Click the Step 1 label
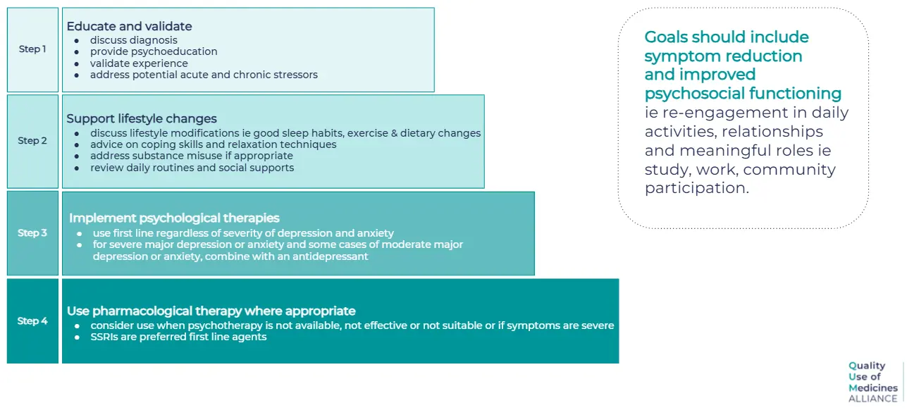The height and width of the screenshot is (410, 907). tap(32, 49)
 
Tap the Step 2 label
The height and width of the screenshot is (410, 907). tap(32, 140)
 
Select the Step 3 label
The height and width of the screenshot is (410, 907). tap(32, 232)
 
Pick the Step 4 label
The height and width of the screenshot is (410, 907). tap(32, 321)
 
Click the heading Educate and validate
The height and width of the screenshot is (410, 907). tap(129, 26)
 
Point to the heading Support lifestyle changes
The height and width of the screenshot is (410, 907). tap(142, 118)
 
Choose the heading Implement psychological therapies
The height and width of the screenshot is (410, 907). tap(174, 218)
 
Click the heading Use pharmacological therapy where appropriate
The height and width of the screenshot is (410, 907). tap(211, 311)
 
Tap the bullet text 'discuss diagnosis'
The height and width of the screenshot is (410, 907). tap(134, 40)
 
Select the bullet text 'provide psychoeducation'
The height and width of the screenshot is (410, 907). tap(154, 51)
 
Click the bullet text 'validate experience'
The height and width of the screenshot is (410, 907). tap(139, 63)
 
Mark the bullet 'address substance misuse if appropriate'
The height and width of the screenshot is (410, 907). tap(192, 156)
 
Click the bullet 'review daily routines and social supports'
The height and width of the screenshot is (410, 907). tap(192, 168)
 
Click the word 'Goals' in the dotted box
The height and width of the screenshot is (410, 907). tap(665, 37)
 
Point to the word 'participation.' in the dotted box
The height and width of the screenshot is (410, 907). tap(697, 188)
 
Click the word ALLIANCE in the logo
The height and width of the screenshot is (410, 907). tap(872, 399)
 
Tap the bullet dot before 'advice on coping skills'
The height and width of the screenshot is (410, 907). tap(77, 145)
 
